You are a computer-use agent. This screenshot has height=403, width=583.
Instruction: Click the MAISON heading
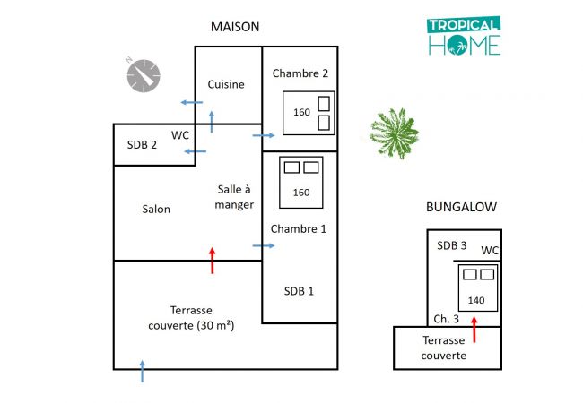point(235,27)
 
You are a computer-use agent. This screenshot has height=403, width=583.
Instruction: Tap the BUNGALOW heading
point(461,207)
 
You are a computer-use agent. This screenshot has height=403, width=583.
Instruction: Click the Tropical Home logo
point(464,37)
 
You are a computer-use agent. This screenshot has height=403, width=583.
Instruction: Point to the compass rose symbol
point(143,75)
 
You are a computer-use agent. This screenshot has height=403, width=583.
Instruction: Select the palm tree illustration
point(394,133)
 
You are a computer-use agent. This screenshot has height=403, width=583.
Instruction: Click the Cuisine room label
point(226,84)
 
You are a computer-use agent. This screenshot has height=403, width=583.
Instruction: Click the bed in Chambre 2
point(309,112)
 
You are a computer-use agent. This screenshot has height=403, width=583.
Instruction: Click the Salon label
point(155,210)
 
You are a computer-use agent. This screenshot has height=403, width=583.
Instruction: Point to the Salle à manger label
point(236,196)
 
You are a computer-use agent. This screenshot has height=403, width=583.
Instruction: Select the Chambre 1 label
point(298,228)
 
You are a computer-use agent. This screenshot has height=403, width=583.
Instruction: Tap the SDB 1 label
point(299,291)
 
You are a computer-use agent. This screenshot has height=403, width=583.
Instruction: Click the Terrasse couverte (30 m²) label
point(190,317)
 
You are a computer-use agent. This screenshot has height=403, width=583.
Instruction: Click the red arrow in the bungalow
point(474,328)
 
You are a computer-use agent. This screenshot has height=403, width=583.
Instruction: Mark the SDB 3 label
point(452,244)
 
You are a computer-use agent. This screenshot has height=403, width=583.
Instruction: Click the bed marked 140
point(476,286)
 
